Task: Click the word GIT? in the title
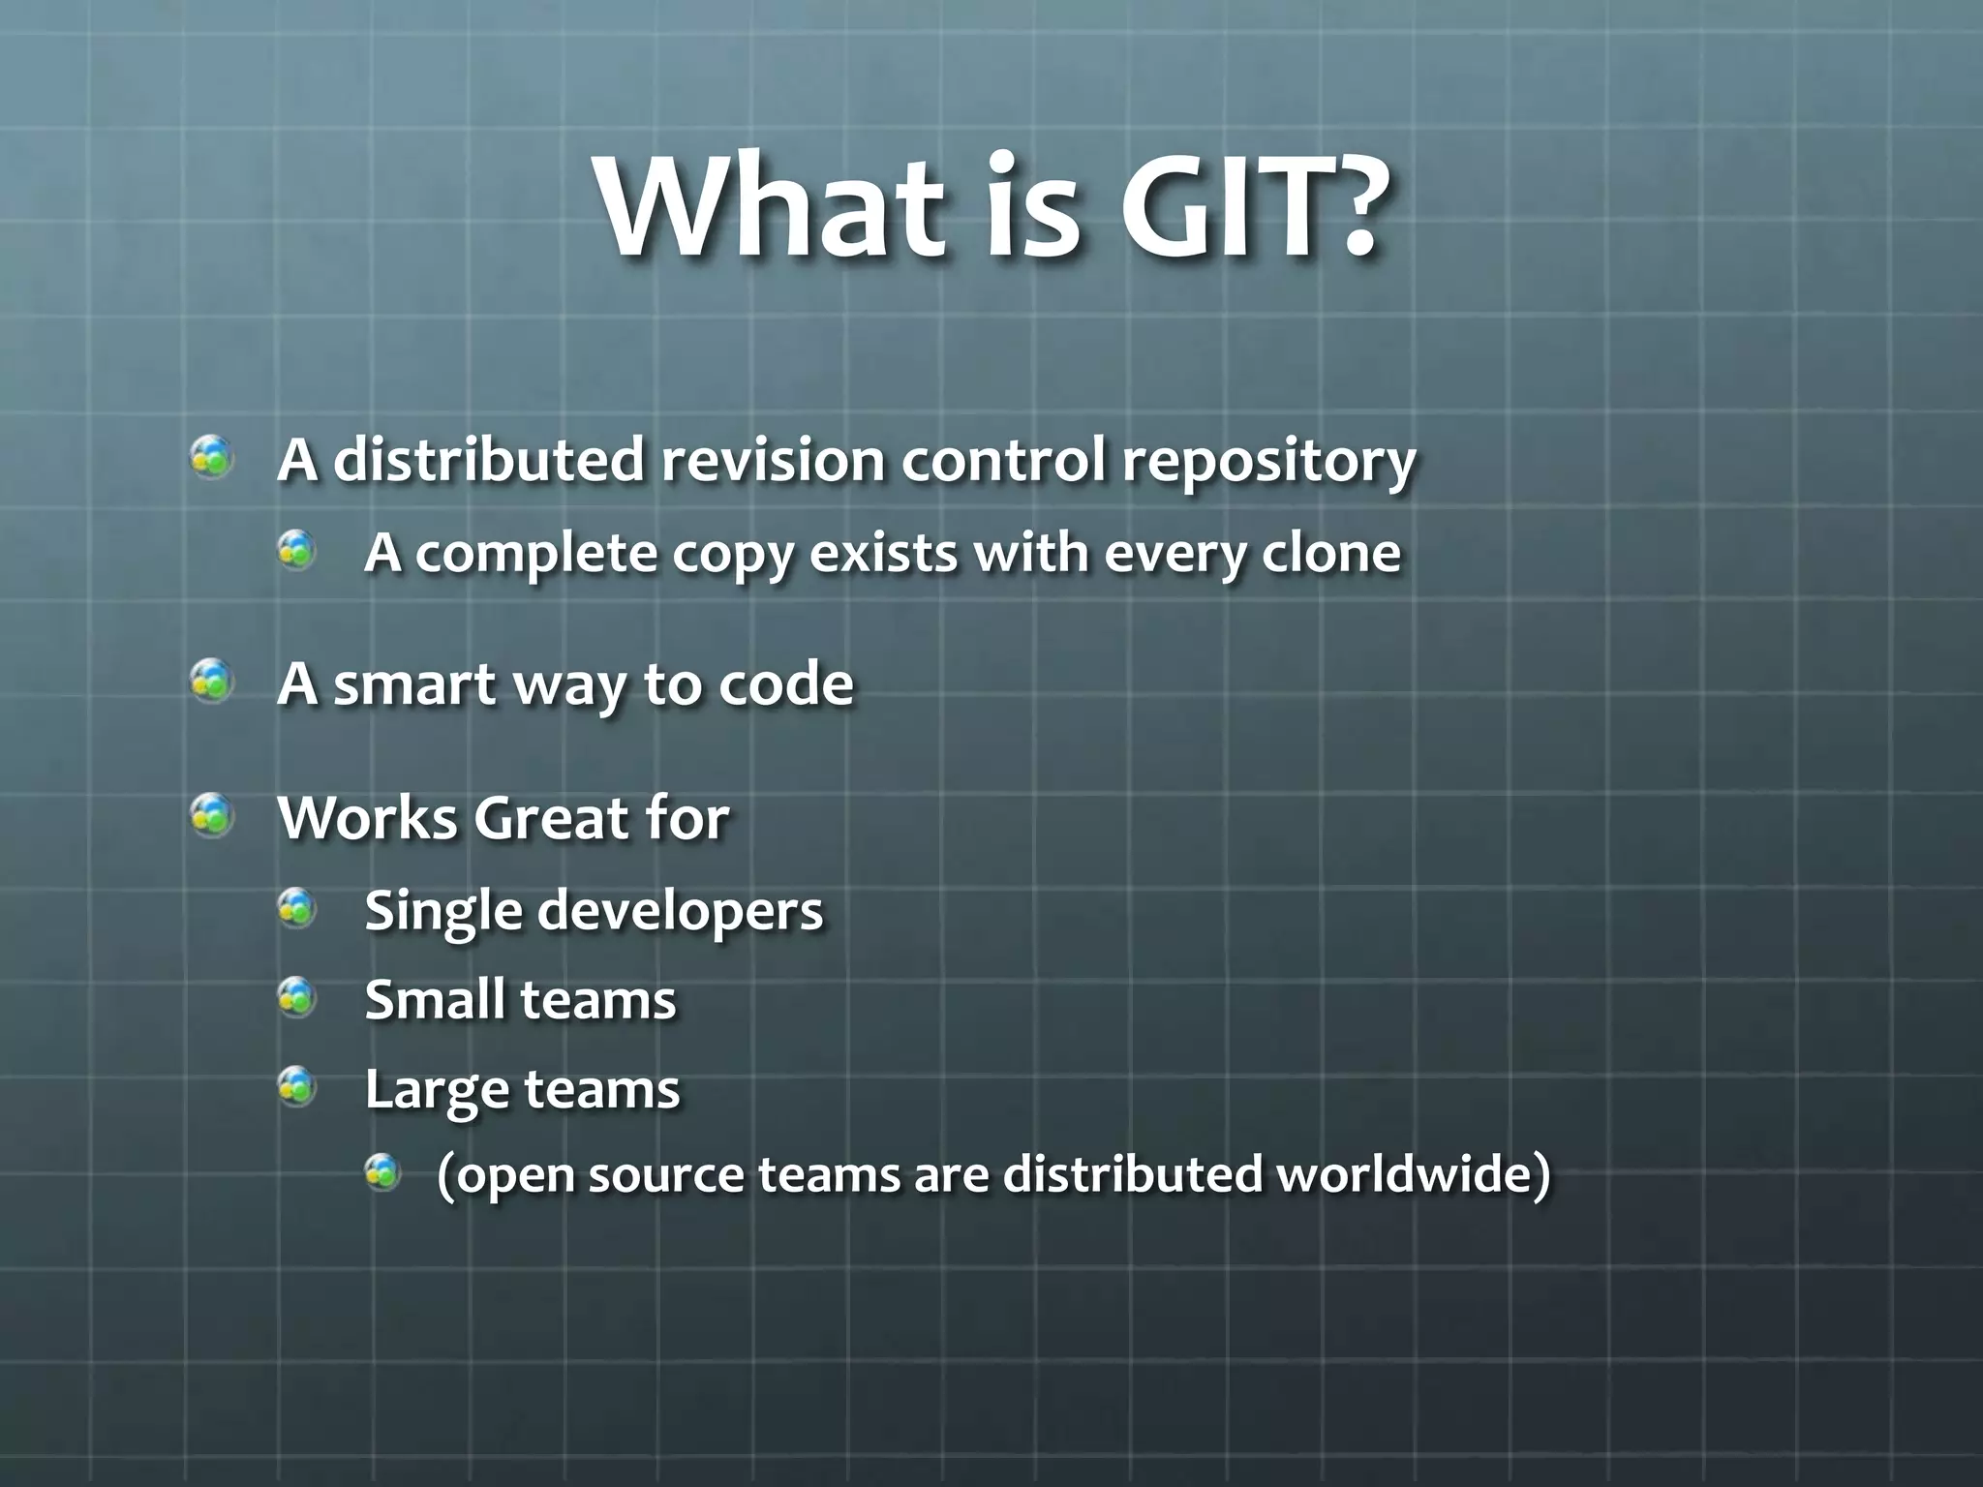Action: [1248, 208]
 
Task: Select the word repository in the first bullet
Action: [1268, 462]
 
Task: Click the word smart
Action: [415, 684]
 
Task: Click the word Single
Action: [444, 912]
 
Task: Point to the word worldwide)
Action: [1414, 1174]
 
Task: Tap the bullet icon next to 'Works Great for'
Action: [211, 815]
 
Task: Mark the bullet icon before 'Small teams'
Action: [297, 997]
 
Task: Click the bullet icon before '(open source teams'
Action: [382, 1172]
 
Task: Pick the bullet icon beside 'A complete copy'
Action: [297, 551]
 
